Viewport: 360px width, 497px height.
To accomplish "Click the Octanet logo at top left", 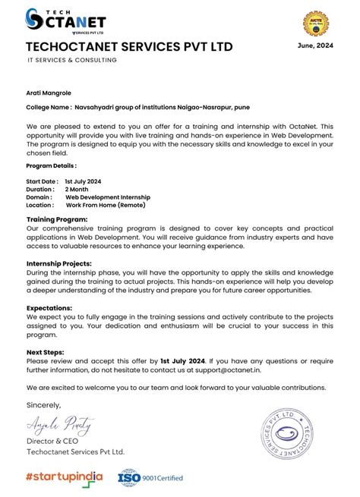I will [66, 22].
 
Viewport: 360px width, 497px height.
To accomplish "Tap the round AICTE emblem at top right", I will [316, 24].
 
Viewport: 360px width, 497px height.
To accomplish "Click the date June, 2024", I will [314, 46].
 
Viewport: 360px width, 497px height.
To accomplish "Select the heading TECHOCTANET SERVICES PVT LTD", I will [129, 47].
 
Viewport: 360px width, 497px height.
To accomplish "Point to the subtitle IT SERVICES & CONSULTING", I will [71, 60].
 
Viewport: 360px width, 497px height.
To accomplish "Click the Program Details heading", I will [51, 165].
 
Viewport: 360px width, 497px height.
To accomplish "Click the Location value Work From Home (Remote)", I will [106, 205].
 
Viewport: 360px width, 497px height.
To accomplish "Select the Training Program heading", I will [57, 219].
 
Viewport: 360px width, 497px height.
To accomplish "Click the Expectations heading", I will [49, 307].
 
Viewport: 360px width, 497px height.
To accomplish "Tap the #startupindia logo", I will [65, 477].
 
